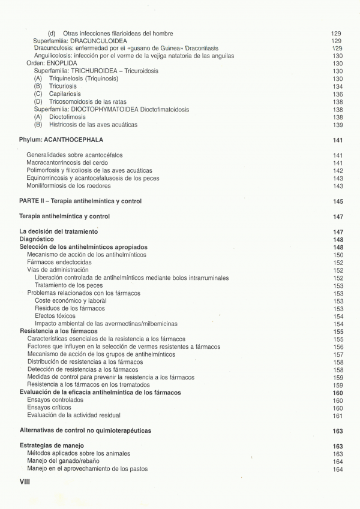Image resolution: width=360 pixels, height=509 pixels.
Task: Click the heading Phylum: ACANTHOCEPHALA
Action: click(61, 140)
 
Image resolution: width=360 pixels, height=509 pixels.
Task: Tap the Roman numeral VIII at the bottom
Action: click(25, 481)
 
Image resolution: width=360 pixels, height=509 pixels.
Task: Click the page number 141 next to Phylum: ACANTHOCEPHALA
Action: click(337, 140)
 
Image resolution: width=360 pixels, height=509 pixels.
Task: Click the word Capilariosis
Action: click(65, 94)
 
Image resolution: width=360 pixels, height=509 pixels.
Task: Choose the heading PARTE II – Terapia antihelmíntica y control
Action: click(80, 201)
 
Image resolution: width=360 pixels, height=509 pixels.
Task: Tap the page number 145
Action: click(337, 201)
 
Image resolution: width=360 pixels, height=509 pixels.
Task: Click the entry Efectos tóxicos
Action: click(55, 316)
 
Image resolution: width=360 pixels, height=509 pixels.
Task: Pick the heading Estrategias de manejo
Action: click(52, 446)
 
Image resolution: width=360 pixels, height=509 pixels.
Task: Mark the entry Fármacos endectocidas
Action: click(59, 263)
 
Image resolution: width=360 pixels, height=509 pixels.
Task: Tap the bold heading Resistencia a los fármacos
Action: click(59, 331)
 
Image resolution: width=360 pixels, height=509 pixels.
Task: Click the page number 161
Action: click(337, 415)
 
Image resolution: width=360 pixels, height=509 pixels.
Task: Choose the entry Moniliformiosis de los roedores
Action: click(69, 186)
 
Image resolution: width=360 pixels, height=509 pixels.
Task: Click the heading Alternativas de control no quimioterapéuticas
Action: click(85, 430)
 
